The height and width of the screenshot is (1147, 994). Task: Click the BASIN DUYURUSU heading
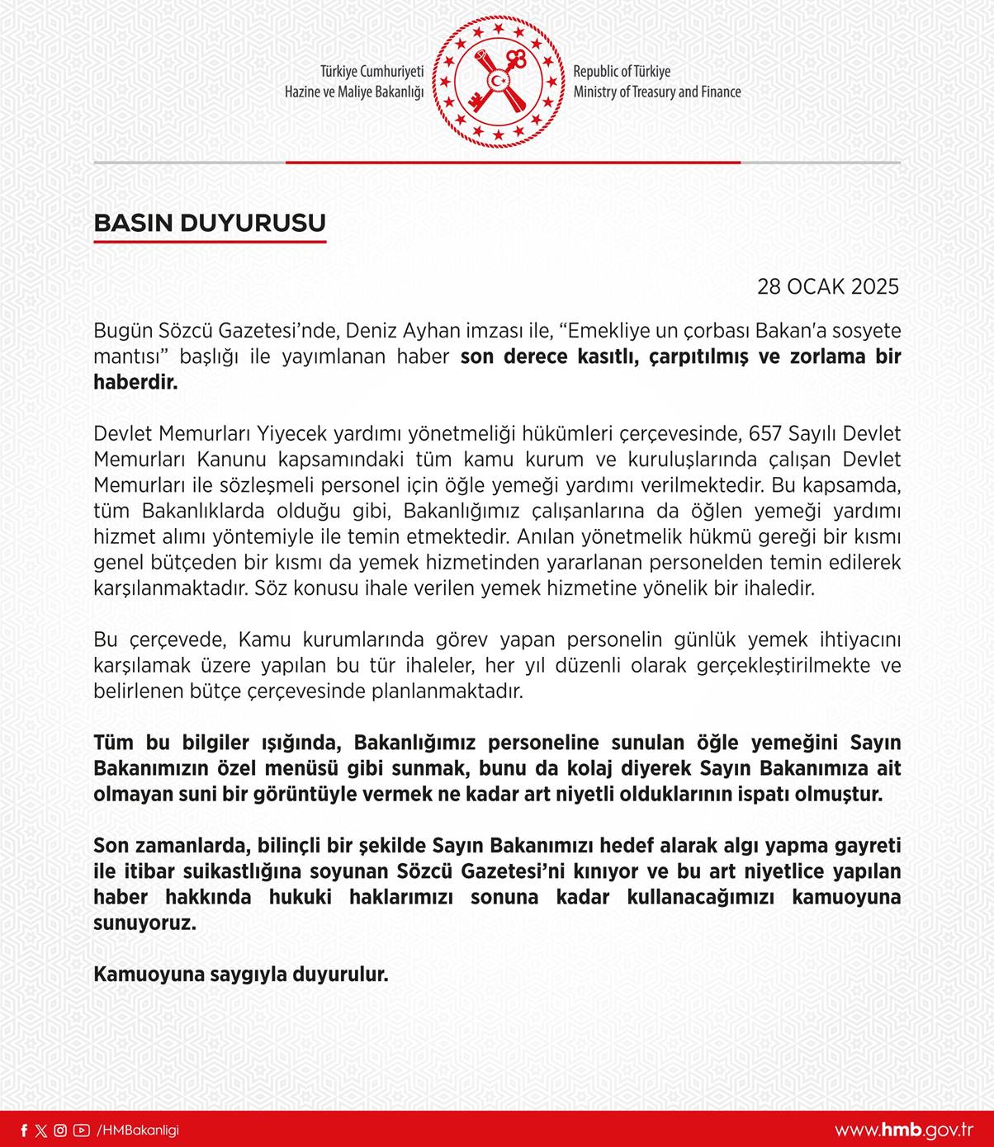tap(210, 223)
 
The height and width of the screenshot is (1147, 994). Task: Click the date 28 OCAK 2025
tap(827, 286)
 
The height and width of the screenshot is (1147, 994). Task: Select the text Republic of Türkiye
tap(622, 72)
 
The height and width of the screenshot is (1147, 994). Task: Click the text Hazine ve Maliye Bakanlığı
tap(353, 92)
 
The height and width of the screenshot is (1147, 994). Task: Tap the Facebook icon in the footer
tap(24, 1130)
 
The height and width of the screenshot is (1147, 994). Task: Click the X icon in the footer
tap(41, 1130)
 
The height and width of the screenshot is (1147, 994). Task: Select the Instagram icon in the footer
tap(60, 1130)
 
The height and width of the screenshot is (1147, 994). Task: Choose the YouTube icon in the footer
tap(81, 1130)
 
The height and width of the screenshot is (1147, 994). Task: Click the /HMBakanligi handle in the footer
tap(138, 1130)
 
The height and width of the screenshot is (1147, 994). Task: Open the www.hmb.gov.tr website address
tap(903, 1130)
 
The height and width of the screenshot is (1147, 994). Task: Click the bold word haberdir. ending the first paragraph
tap(135, 383)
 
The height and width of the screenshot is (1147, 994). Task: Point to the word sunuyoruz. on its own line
tap(144, 923)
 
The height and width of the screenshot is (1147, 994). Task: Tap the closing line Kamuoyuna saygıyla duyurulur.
tap(240, 974)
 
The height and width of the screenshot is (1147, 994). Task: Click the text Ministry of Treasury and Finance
tap(657, 92)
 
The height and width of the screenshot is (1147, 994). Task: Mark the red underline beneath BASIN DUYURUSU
tap(210, 242)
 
